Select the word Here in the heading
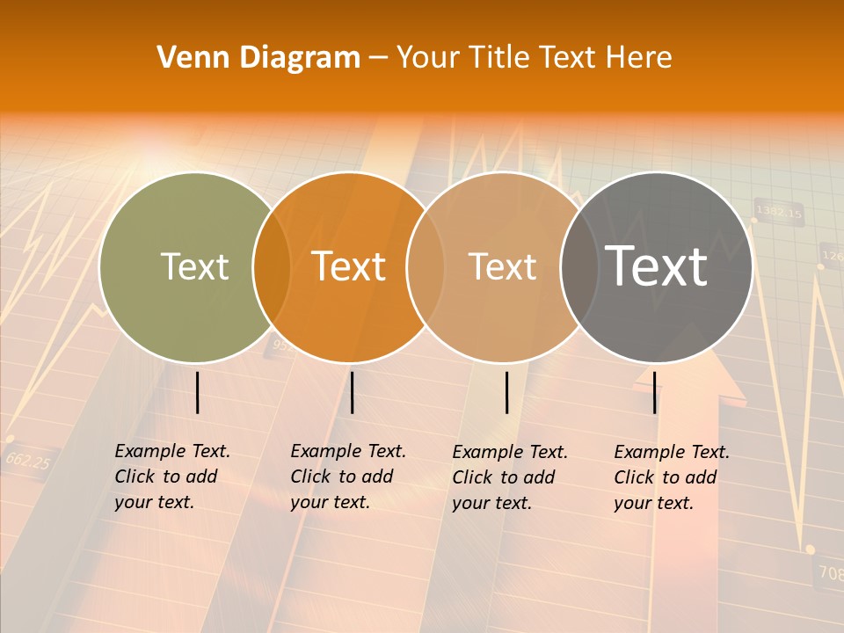point(641,57)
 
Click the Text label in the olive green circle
point(194,266)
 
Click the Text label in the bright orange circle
point(349,266)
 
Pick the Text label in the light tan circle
point(502,266)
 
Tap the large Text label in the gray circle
point(657,266)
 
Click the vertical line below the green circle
point(197,392)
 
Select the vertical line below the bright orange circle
point(352,392)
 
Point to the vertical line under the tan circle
point(506,392)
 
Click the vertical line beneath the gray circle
point(655,392)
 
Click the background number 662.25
point(28,460)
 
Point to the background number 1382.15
point(779,213)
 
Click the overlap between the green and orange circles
point(272,266)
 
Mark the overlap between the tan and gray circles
point(579,266)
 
